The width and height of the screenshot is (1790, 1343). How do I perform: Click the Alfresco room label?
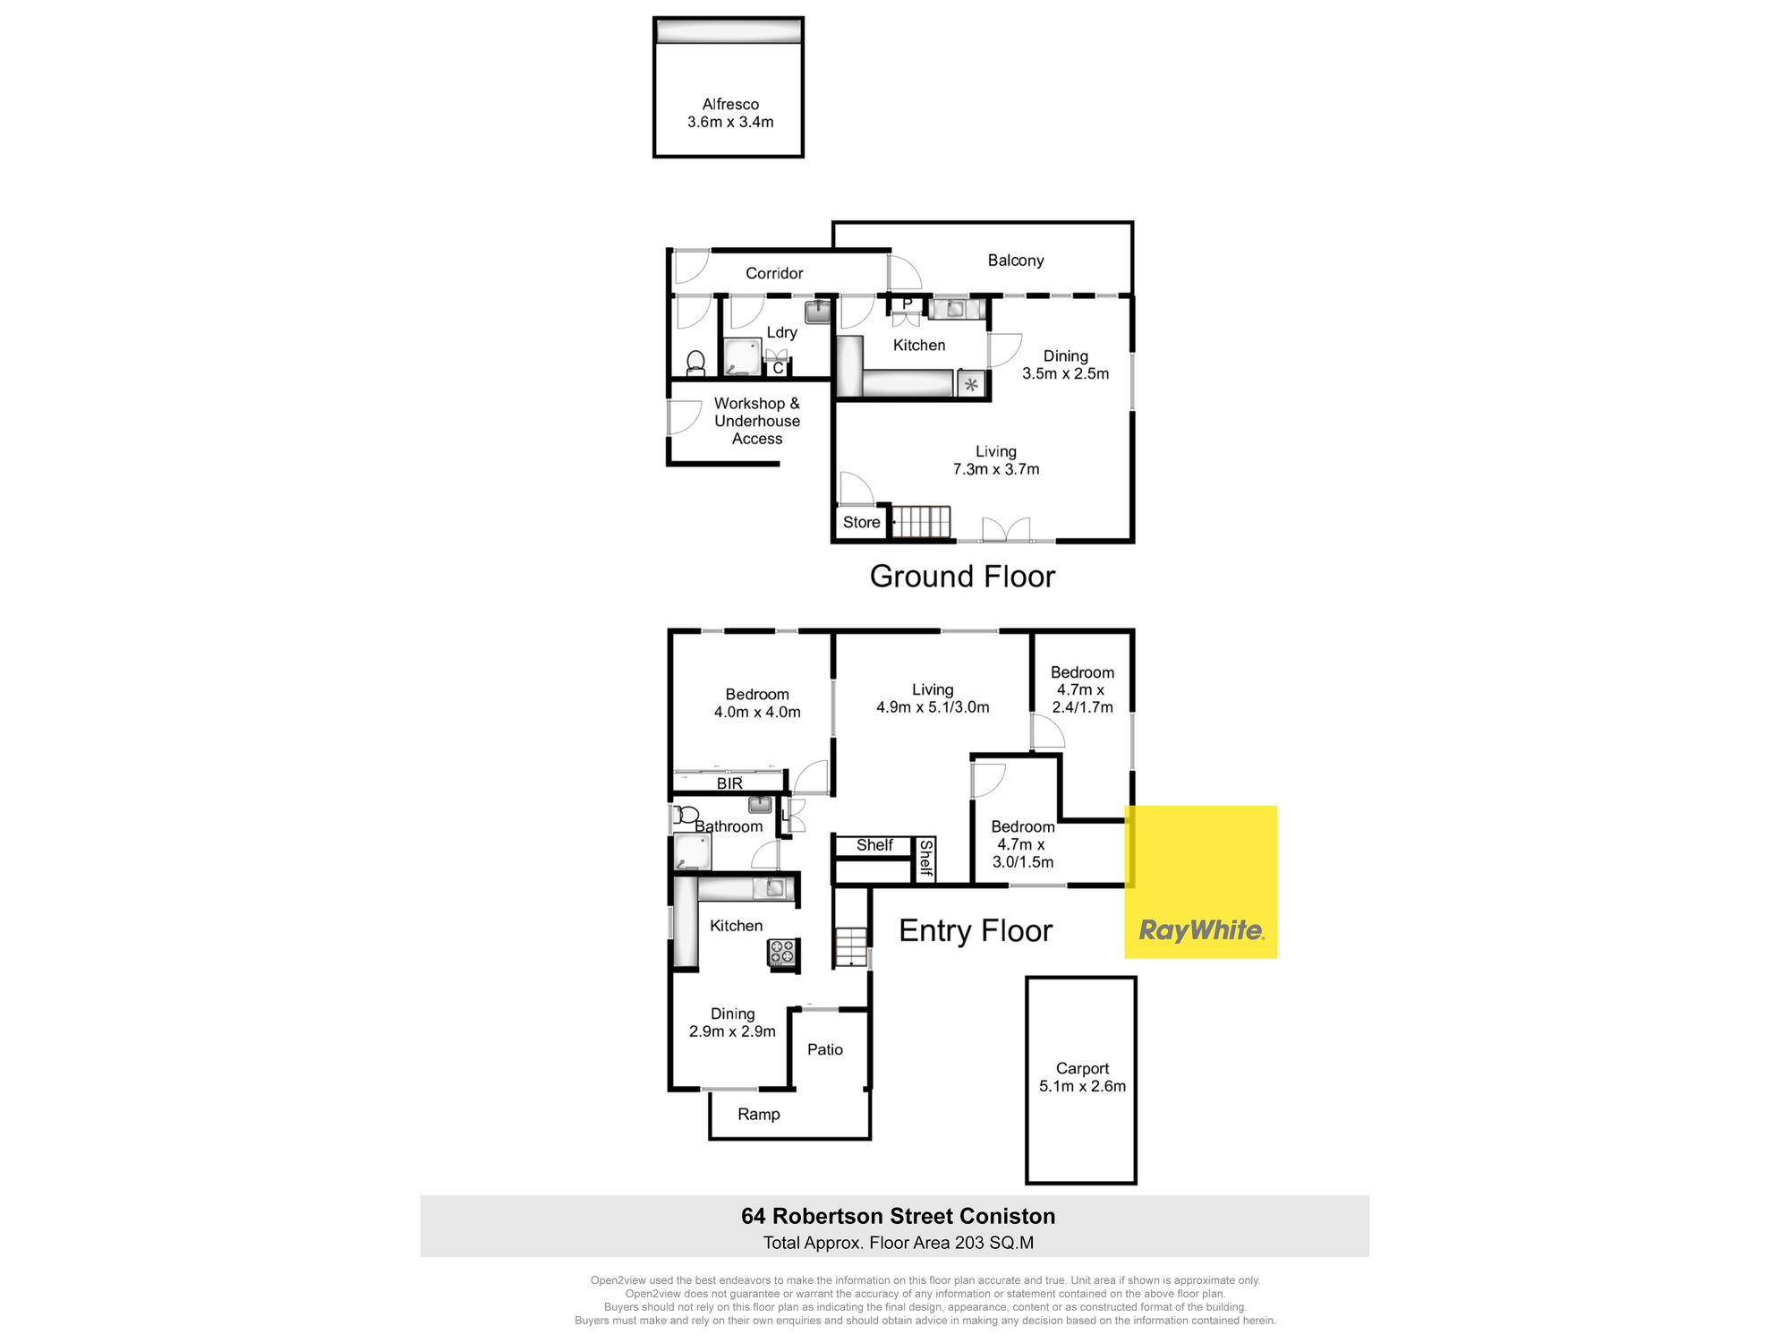pos(730,113)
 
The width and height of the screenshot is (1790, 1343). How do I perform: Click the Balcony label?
pos(1016,261)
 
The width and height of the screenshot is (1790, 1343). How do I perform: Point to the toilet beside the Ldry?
pos(695,362)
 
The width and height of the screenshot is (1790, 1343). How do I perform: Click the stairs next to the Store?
pos(921,521)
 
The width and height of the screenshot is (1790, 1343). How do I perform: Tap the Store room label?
pos(861,522)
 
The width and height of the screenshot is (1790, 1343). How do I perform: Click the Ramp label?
pos(759,1115)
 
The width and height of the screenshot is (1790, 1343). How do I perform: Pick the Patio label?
pos(825,1049)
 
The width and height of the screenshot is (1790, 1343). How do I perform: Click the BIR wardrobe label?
pos(729,783)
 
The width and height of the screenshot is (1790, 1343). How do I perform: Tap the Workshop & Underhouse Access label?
pos(757,421)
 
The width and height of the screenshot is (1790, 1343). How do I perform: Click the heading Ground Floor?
pos(962,577)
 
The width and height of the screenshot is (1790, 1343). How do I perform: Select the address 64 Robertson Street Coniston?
pos(899,1216)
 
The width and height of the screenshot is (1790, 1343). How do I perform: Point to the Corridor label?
pos(774,273)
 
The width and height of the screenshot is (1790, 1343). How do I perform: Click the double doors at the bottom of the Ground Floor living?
pos(1006,530)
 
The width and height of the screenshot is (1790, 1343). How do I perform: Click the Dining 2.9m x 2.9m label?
pos(732,1022)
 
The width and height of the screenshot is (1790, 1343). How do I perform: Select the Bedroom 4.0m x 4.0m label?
pos(757,703)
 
